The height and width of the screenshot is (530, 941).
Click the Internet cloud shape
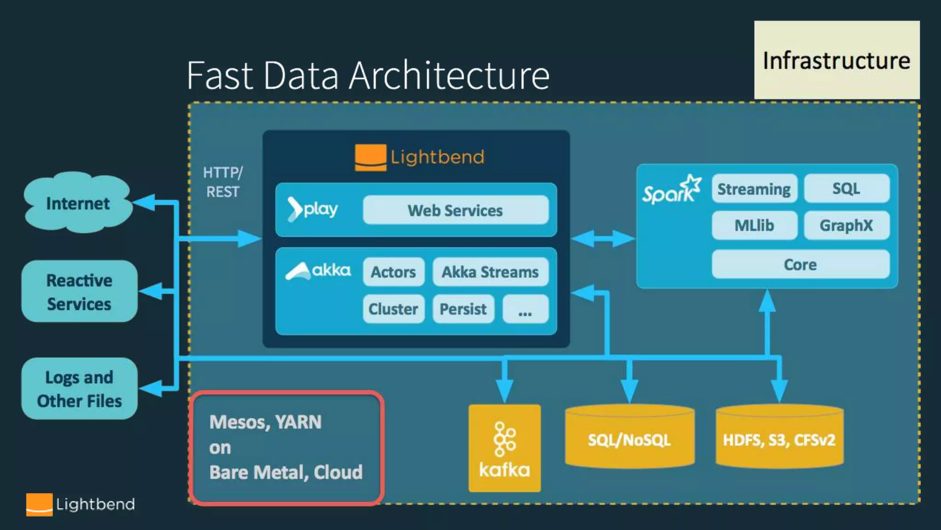tap(78, 202)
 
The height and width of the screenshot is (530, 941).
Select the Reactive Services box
tap(79, 291)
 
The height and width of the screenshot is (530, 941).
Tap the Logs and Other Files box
tap(79, 389)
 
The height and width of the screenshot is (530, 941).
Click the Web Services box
tap(455, 210)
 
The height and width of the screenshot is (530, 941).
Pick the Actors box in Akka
tap(393, 272)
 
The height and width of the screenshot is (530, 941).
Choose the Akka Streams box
tap(490, 272)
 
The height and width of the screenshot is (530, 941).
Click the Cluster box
tap(393, 309)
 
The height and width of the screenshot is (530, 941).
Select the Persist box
tap(463, 309)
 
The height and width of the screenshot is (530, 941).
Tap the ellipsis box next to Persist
tap(525, 309)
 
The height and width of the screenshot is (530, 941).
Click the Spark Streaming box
tap(754, 189)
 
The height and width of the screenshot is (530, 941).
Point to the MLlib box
tap(754, 225)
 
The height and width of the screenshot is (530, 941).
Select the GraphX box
tap(846, 225)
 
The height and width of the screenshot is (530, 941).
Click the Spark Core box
tap(800, 264)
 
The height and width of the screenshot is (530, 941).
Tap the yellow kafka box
tap(505, 448)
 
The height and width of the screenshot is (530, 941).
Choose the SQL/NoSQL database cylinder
tap(629, 437)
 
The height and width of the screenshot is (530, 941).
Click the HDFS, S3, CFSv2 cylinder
tap(779, 437)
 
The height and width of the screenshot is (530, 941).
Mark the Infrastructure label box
tap(837, 60)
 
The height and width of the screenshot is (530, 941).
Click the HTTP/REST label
tap(223, 182)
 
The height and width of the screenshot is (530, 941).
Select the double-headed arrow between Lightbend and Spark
tap(603, 239)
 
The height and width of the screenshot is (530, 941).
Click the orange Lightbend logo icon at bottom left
tap(39, 505)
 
